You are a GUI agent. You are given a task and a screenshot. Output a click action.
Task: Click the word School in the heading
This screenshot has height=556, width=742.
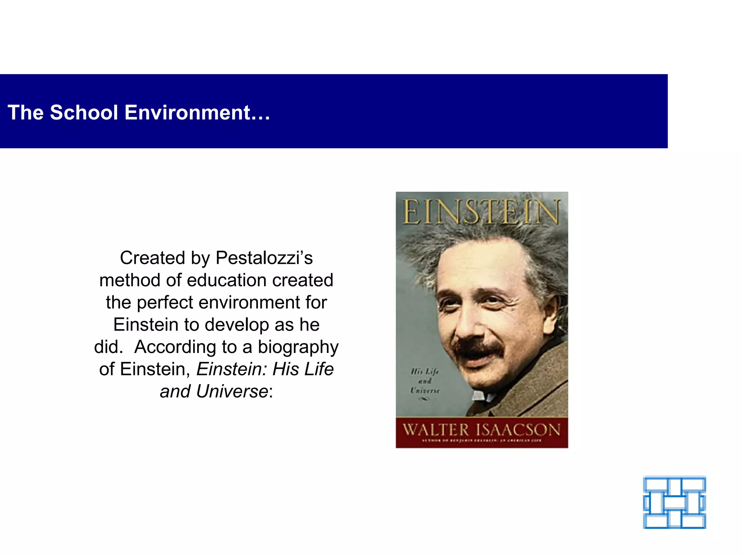[x=84, y=113]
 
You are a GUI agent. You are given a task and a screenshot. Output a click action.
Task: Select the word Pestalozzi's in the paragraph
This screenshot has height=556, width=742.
[x=264, y=258]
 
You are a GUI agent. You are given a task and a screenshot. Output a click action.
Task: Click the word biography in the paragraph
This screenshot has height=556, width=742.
[x=298, y=347]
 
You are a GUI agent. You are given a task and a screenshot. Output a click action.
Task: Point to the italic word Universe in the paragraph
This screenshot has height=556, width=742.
[x=232, y=392]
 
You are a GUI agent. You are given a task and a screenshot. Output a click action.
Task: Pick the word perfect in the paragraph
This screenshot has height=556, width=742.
[x=165, y=303]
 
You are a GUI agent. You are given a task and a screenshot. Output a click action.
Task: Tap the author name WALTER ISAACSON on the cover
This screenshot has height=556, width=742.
[x=482, y=430]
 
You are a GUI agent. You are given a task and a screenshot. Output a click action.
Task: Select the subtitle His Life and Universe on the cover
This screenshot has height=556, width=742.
[x=425, y=381]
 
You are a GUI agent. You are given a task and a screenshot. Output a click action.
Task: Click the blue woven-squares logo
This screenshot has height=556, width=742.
[x=674, y=502]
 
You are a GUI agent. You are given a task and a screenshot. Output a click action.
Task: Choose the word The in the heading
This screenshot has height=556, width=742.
[x=25, y=113]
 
